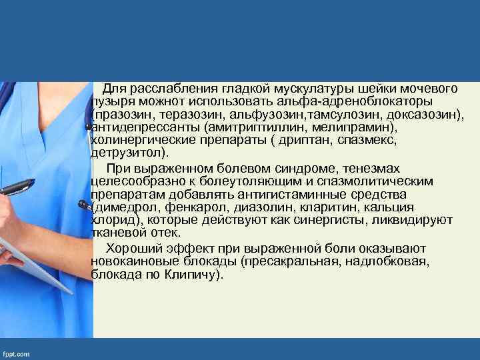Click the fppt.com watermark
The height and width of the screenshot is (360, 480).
click(x=17, y=354)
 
